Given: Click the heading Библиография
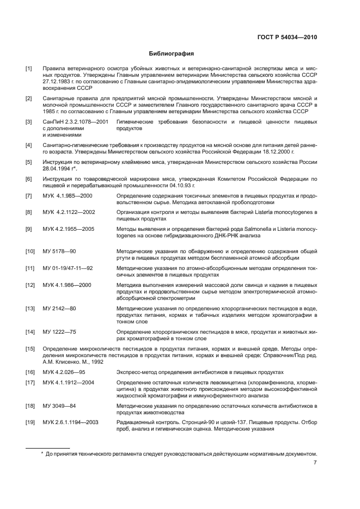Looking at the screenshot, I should click(x=172, y=54).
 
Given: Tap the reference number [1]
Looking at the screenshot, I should click(x=29, y=69).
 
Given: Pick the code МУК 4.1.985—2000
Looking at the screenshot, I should click(x=68, y=195).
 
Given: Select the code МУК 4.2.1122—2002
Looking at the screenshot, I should click(x=69, y=212).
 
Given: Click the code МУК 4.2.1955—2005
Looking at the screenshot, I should click(x=69, y=229).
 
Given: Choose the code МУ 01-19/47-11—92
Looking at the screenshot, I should click(x=68, y=268).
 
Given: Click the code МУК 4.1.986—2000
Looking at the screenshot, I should click(x=68, y=285).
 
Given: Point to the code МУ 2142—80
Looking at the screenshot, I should click(x=59, y=308).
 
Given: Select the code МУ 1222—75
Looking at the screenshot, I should click(x=59, y=332).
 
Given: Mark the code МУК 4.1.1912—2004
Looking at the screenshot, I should click(x=69, y=382).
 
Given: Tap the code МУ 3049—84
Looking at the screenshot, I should click(x=59, y=406).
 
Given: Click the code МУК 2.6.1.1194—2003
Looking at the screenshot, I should click(x=73, y=422).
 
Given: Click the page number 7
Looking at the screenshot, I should click(x=315, y=463).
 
